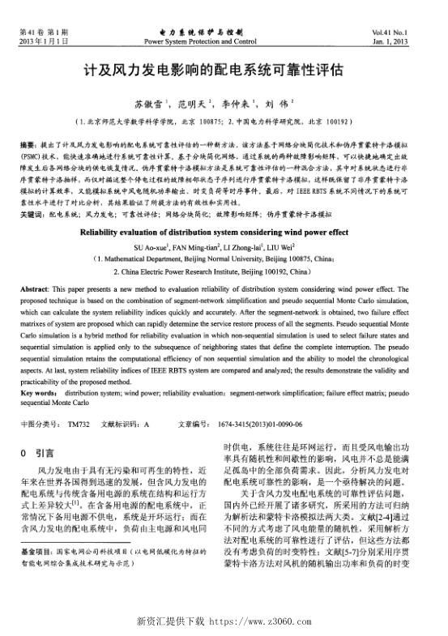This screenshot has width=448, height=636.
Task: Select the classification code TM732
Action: [x=79, y=424]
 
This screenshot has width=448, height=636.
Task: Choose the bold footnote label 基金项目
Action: [x=35, y=573]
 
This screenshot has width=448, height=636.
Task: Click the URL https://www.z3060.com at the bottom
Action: [x=256, y=621]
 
